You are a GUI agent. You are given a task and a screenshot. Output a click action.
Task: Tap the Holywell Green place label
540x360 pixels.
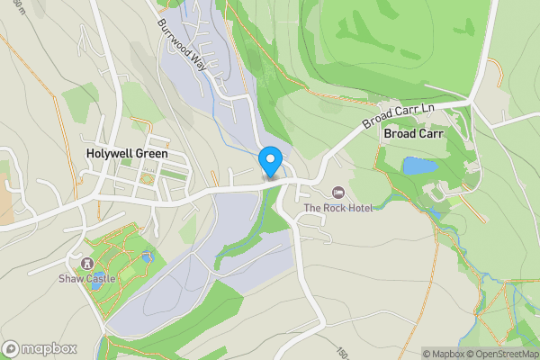(x=126, y=154)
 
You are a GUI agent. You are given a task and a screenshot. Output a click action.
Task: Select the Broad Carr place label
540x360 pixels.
(x=413, y=133)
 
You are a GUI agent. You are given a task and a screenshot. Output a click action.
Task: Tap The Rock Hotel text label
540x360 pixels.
(x=337, y=208)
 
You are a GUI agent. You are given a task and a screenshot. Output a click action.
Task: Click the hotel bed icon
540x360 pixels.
(x=338, y=192)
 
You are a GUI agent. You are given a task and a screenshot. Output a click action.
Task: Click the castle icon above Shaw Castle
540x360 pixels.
(x=86, y=264)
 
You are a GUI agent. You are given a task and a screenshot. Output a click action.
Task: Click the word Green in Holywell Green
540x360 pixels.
(x=150, y=154)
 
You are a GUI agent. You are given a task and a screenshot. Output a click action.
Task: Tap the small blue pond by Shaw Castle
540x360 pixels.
(x=147, y=258)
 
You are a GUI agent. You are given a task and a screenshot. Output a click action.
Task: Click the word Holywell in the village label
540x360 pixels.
(x=108, y=154)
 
